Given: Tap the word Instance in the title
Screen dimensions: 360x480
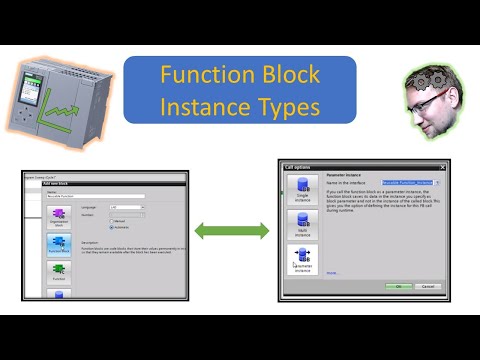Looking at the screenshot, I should [207, 104].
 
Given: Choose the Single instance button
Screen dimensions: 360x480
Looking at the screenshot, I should [302, 188].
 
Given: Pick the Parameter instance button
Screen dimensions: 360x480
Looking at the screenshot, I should [302, 262].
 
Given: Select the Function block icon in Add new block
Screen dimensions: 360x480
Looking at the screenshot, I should [58, 243].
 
